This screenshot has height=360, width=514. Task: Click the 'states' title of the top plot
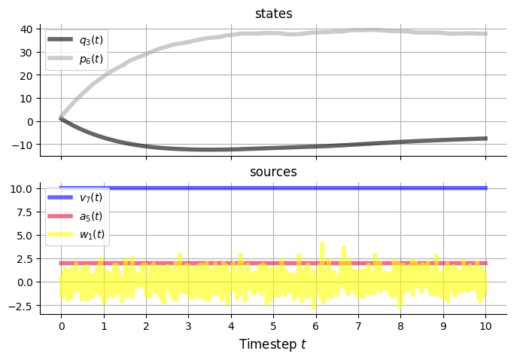273,14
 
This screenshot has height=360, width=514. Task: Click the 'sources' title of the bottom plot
273,172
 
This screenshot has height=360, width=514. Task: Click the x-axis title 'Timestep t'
273,344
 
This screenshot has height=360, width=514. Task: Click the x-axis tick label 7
358,327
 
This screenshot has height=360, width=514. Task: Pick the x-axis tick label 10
485,327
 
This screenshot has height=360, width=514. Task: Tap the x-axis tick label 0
61,327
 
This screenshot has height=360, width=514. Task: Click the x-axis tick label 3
188,327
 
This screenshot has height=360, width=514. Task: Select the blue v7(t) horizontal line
301,188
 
